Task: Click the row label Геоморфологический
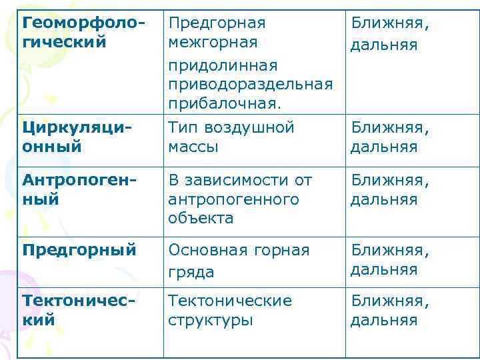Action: click(83, 33)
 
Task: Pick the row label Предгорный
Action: click(79, 251)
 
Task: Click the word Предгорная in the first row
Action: click(217, 23)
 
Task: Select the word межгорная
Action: click(213, 43)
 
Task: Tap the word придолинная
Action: click(223, 66)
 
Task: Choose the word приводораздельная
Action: click(250, 85)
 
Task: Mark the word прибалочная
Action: click(225, 103)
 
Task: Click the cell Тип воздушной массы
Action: click(231, 136)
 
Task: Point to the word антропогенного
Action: click(233, 199)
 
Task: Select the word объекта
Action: click(201, 218)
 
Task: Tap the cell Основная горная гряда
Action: click(239, 261)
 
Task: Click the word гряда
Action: click(191, 271)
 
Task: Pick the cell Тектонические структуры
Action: click(230, 310)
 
